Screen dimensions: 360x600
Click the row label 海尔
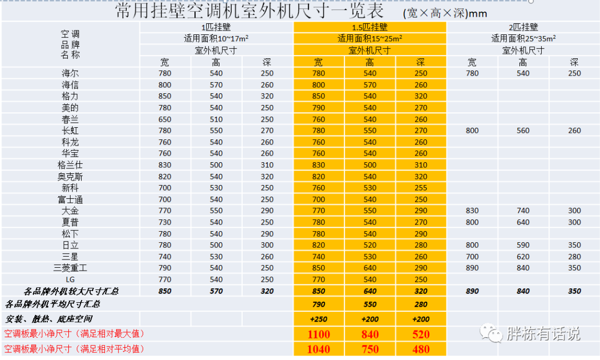pyautogui.click(x=71, y=73)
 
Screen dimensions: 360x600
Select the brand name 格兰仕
pyautogui.click(x=71, y=165)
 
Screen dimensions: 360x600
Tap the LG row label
pyautogui.click(x=71, y=279)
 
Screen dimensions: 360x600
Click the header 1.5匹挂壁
pyautogui.click(x=369, y=27)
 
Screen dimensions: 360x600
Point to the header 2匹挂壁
pyautogui.click(x=523, y=27)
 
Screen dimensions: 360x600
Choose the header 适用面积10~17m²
pyautogui.click(x=216, y=39)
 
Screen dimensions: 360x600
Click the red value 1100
pyautogui.click(x=318, y=334)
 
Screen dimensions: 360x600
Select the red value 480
pyautogui.click(x=421, y=349)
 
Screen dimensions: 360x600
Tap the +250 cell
pyautogui.click(x=318, y=319)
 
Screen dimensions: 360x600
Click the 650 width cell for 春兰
pyautogui.click(x=165, y=119)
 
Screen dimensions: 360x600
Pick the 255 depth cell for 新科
pyautogui.click(x=421, y=188)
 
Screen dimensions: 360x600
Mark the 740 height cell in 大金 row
pyautogui.click(x=523, y=211)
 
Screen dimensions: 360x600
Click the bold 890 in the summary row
pyautogui.click(x=472, y=291)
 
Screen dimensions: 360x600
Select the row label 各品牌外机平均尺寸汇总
pyautogui.click(x=53, y=304)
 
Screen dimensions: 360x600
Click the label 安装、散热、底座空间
pyautogui.click(x=49, y=319)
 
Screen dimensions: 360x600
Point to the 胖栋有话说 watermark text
pyautogui.click(x=543, y=333)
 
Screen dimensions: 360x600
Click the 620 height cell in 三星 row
pyautogui.click(x=523, y=257)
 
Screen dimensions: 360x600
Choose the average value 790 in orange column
pyautogui.click(x=318, y=304)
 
